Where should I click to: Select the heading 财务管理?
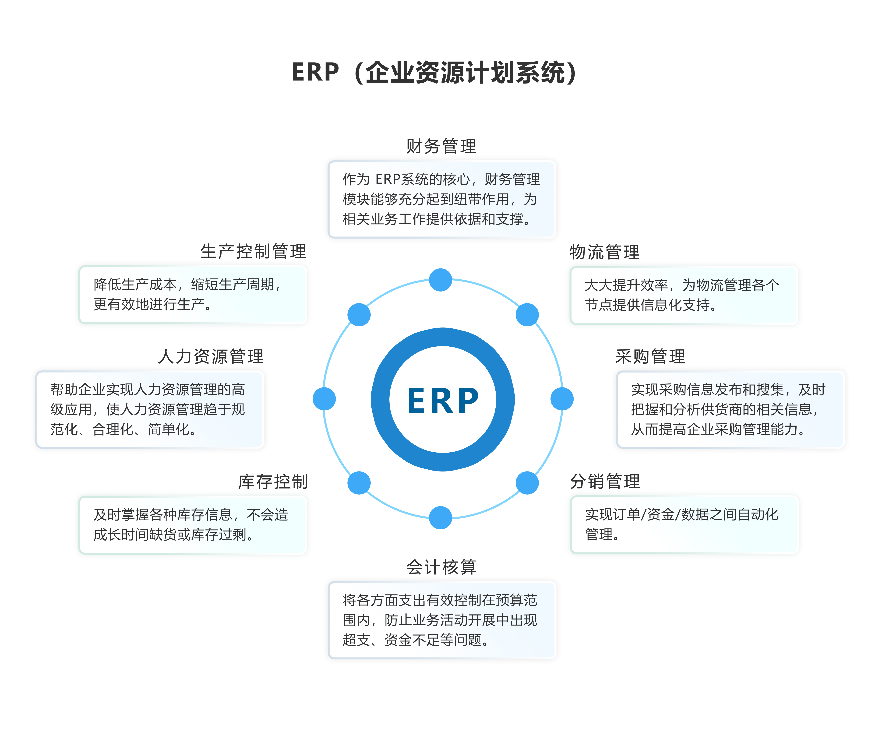[441, 146]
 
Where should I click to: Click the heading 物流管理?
[604, 252]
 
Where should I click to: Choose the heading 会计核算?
[441, 567]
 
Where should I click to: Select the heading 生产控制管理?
[253, 252]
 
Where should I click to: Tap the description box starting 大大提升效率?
[684, 295]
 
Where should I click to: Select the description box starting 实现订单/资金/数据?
[684, 524]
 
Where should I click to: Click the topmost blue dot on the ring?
[440, 280]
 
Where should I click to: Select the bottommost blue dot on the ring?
[440, 517]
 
